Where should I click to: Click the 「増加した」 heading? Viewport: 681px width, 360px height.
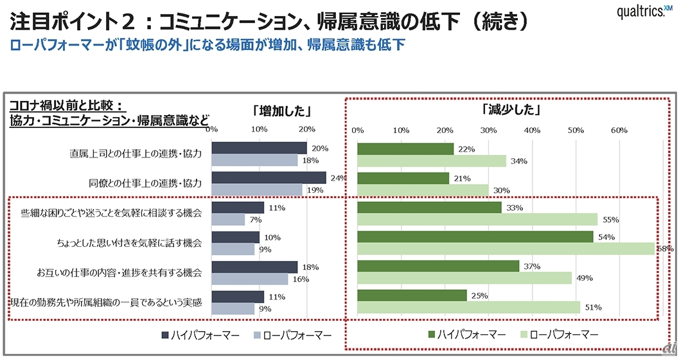click(x=278, y=110)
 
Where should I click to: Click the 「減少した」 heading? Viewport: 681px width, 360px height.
click(x=511, y=110)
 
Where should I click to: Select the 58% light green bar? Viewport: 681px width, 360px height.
click(x=506, y=248)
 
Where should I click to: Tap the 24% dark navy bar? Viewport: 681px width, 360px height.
click(x=269, y=177)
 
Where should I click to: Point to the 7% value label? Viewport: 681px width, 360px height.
click(x=256, y=219)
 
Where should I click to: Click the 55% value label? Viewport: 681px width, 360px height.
click(x=610, y=219)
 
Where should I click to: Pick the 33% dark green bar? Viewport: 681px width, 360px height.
click(x=429, y=208)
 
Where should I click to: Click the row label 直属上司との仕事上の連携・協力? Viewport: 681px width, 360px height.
click(x=136, y=154)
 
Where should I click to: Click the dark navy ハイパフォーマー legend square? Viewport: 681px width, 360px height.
click(x=164, y=335)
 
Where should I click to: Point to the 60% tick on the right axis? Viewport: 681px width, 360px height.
click(x=619, y=130)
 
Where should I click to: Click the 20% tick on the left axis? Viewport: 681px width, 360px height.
click(x=307, y=130)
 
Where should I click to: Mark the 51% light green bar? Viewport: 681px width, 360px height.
click(x=468, y=307)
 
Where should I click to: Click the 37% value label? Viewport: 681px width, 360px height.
click(x=533, y=267)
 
